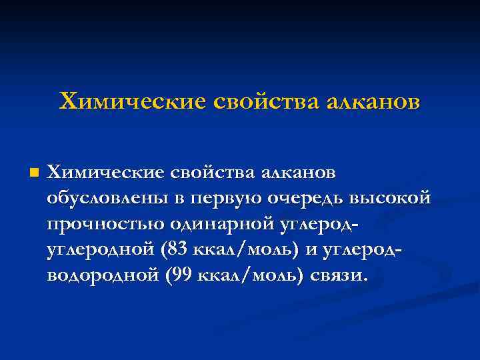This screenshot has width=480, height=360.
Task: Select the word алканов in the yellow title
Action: [x=373, y=101]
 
